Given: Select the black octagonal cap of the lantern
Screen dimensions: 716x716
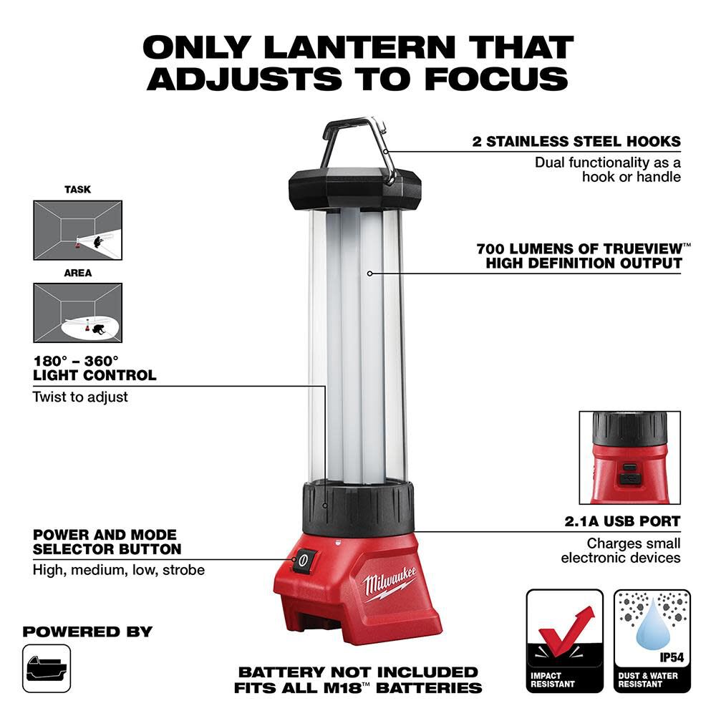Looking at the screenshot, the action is coord(355,189).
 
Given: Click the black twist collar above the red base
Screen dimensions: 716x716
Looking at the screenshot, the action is coord(359,508).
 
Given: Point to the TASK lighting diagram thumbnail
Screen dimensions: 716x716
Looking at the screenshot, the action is coord(77,230).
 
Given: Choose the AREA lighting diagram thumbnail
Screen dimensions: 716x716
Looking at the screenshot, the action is coord(77,313).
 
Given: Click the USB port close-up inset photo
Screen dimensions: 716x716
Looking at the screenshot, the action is coord(629,458).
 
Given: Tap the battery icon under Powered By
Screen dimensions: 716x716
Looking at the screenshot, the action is coord(47,669).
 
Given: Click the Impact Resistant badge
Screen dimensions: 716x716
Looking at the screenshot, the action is coord(565,641).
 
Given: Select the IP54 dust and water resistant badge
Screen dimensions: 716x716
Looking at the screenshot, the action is coord(652,641).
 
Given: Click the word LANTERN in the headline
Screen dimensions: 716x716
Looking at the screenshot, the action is coord(360,47).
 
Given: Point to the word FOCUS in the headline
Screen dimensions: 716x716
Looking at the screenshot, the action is coord(497,79).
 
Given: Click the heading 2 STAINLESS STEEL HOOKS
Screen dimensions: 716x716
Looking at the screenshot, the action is coord(576,142).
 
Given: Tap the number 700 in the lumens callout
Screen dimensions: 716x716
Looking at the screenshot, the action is coord(490,249).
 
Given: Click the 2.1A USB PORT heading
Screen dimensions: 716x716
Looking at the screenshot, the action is coord(622,521).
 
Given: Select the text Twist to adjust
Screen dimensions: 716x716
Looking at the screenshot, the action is coord(80,397).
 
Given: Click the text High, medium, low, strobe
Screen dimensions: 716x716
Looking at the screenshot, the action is coord(119,570).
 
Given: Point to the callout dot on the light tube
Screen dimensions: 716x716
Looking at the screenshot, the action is coord(370,274).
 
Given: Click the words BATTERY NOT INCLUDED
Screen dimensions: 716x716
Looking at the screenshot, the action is coord(358,672).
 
